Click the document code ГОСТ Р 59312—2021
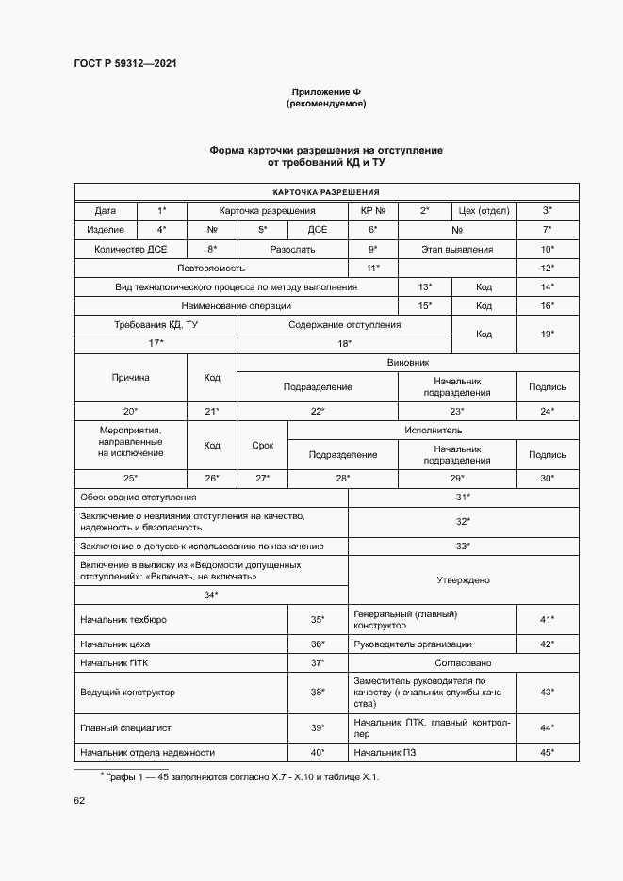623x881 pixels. point(125,63)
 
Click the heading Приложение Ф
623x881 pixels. point(325,91)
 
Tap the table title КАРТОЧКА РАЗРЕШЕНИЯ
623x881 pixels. point(325,191)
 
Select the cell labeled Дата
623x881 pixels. point(106,211)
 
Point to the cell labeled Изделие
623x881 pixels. point(106,230)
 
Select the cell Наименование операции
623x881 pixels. point(237,306)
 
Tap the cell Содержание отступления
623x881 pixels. point(344,325)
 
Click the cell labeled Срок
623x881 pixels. point(262,446)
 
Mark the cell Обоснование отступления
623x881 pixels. point(139,497)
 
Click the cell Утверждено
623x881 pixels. point(463,580)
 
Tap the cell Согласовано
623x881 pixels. point(463,663)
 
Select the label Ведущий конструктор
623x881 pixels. point(127,693)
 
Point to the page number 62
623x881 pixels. point(80,802)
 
